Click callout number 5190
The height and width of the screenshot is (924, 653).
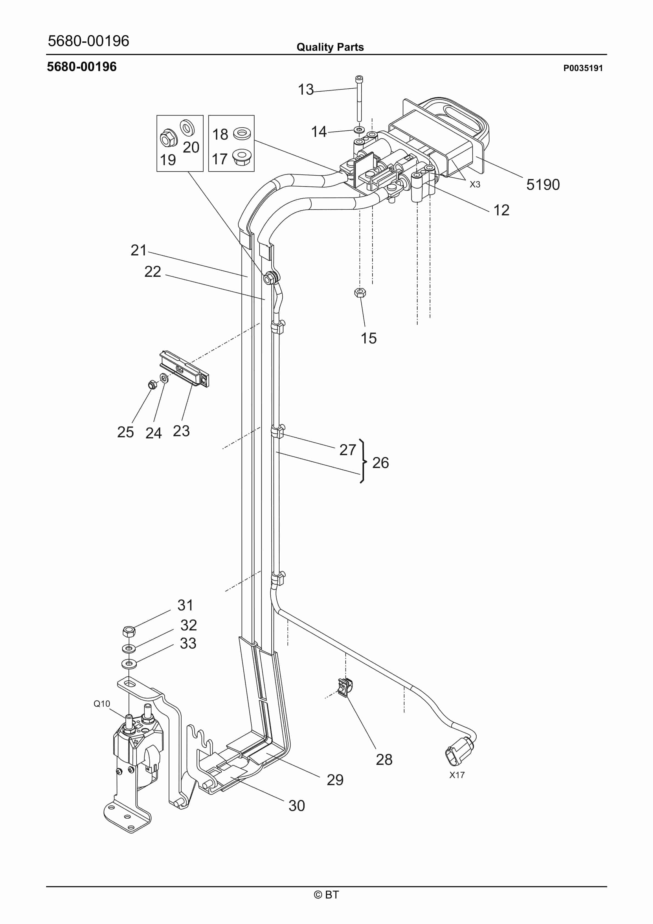click(x=543, y=185)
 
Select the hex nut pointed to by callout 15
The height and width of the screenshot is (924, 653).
click(x=360, y=292)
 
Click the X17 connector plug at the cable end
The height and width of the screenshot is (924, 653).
click(x=459, y=751)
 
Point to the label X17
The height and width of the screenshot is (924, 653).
click(x=457, y=775)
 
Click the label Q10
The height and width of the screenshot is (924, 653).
click(x=102, y=703)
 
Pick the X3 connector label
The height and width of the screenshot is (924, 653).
click(x=475, y=184)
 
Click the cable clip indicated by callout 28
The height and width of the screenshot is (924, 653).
click(x=345, y=688)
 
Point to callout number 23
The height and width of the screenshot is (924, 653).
click(x=181, y=431)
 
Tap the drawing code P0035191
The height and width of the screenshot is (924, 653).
click(x=582, y=68)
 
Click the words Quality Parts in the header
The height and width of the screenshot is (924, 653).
click(x=330, y=47)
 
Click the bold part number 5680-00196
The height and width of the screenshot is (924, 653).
click(x=82, y=67)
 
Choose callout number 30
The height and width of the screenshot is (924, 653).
click(x=297, y=806)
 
